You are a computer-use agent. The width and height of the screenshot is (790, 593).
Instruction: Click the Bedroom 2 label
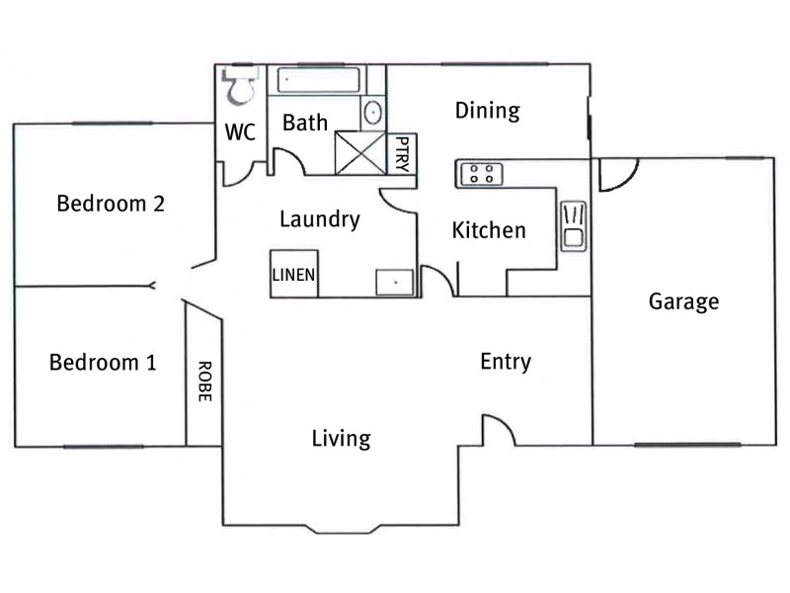pos(110,205)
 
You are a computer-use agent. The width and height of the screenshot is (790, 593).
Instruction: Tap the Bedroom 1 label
pos(103,363)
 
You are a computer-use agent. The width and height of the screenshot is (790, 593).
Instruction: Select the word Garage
pos(683,301)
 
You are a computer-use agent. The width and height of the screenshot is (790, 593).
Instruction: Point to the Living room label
pos(341,438)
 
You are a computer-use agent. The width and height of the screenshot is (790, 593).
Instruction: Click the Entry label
pos(505,362)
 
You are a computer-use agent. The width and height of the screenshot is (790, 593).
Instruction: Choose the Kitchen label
pos(489,231)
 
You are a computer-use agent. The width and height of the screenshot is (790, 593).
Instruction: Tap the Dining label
pos(487,111)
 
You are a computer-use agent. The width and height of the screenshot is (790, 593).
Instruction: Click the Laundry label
pos(319,219)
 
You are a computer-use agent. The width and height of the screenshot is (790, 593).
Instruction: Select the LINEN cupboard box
pos(294,274)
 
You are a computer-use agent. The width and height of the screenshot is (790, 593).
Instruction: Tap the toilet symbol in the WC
pos(240,87)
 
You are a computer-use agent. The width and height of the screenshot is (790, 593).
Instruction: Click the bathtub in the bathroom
pos(316,81)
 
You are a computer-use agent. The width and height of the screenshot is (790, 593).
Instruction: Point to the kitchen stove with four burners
pos(482,174)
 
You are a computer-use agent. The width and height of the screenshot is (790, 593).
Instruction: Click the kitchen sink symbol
pos(574,224)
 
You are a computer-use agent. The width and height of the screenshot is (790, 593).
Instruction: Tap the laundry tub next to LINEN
pos(395,283)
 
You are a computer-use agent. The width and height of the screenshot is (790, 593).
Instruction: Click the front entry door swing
pos(498,431)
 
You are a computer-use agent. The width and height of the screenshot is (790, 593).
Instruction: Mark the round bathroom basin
pos(372,112)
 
